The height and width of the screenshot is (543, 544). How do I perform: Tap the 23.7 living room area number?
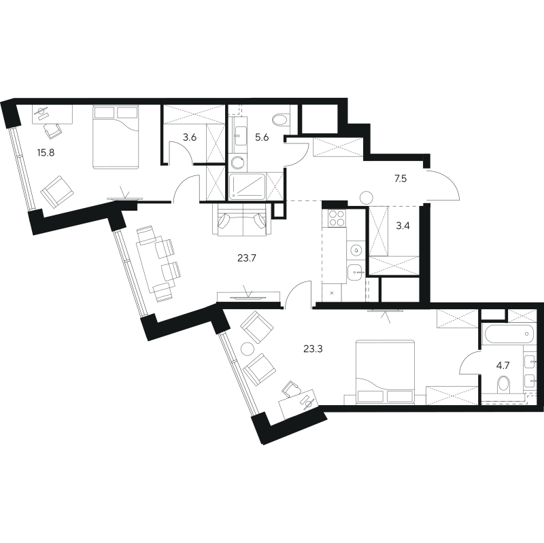pos(246,258)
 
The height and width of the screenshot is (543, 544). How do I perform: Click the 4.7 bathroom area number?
pos(503,365)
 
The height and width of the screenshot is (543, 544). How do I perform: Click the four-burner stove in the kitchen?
pos(335,218)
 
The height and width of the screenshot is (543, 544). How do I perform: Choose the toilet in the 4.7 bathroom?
pos(504,386)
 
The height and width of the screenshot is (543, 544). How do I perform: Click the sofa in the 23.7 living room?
pos(241,220)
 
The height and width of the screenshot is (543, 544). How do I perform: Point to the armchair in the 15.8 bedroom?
pos(57,190)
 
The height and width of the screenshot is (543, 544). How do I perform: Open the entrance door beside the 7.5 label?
pos(442,185)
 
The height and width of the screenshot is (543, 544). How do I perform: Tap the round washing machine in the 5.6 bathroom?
pos(237,162)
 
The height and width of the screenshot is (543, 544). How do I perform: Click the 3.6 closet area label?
pos(189,137)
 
